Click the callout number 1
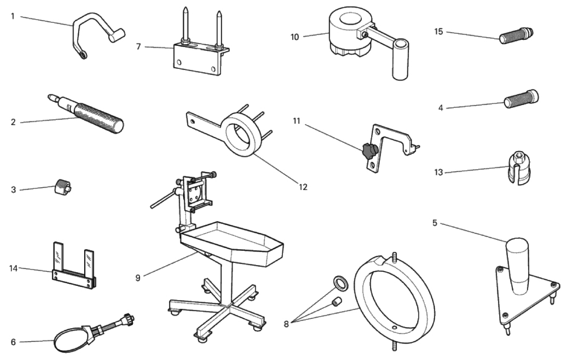point(12,17)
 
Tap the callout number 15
point(438,31)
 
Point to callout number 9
point(138,278)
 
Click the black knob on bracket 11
point(368,151)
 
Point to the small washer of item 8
point(340,283)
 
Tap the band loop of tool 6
point(68,341)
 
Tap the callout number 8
point(286,323)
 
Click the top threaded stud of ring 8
point(394,257)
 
